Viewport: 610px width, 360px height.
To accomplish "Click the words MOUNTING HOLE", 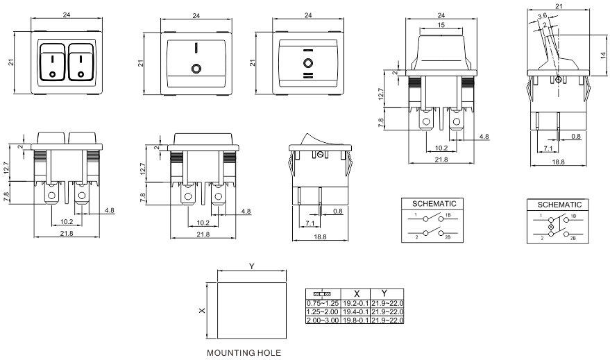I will click(243, 353).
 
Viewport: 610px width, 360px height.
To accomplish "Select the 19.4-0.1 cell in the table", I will click(355, 312).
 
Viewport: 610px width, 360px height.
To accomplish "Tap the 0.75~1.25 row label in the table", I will click(323, 304).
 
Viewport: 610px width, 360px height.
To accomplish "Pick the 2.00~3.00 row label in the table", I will click(323, 320).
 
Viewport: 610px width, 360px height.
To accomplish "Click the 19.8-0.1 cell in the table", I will click(355, 320).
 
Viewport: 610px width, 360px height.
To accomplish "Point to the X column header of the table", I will click(355, 293).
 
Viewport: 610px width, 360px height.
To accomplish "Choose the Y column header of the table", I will click(387, 293).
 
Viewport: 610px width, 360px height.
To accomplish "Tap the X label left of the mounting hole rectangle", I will click(202, 311).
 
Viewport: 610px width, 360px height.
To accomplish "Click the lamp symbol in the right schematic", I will click(552, 227).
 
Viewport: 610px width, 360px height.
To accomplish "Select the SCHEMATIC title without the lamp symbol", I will click(434, 204).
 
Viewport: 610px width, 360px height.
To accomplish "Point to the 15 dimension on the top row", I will click(441, 26).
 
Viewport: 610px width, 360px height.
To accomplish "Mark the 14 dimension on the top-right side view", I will click(602, 53).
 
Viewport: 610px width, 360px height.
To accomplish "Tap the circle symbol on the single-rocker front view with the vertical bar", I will click(196, 69).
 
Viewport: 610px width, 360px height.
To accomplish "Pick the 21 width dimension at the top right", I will click(558, 6).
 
